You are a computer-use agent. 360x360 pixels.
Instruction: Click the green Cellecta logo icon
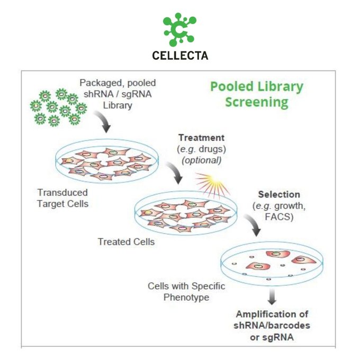[179, 30]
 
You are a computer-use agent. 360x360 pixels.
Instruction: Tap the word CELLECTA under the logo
[179, 55]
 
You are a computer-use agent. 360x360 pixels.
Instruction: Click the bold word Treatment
[197, 138]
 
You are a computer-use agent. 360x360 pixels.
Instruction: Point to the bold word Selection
[278, 194]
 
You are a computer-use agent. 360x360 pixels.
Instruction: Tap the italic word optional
[201, 159]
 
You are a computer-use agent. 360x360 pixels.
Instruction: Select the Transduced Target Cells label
[63, 197]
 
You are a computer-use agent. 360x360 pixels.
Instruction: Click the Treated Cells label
[127, 242]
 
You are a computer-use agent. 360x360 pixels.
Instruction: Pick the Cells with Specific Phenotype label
[186, 291]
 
